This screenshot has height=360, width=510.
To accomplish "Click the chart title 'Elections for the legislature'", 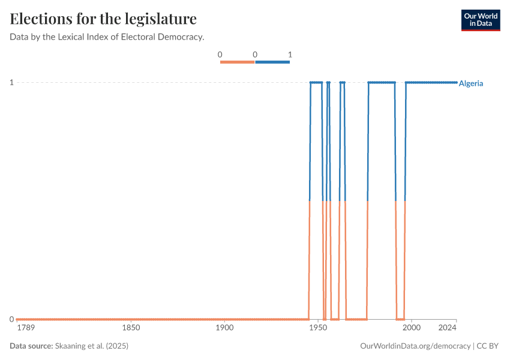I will [103, 19].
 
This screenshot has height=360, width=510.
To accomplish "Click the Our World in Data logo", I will [480, 20].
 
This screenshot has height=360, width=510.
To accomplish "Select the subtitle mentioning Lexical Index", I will [107, 37].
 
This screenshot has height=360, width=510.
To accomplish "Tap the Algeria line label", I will [470, 83].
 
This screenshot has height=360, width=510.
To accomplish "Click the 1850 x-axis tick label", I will [131, 328].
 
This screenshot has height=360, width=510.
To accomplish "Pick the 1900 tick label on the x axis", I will [224, 328].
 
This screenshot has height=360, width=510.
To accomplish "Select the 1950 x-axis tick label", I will [318, 328].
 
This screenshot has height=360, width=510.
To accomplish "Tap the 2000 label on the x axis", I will [412, 328].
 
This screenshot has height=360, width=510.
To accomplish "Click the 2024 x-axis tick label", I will [448, 328].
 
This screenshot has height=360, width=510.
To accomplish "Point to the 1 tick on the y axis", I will [11, 82].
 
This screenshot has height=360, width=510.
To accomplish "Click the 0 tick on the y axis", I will [11, 319].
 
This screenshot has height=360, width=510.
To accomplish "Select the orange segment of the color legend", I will [238, 62].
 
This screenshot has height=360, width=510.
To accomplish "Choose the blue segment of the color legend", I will [272, 62].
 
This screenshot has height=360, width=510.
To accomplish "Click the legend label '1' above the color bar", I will [290, 55].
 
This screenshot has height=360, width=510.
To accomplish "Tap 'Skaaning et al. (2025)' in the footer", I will [92, 346].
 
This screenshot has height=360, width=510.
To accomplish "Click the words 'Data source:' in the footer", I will [31, 346].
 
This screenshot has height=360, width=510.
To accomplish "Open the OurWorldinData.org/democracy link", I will [415, 346].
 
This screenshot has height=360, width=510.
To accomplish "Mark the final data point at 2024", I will [456, 82].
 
